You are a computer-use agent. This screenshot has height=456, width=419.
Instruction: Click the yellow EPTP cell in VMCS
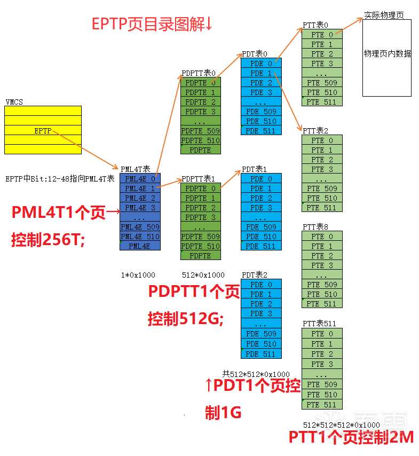43,130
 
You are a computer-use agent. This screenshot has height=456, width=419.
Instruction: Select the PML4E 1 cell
140,188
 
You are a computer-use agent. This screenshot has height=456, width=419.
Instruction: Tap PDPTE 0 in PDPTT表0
200,83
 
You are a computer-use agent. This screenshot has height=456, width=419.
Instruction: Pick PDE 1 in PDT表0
261,73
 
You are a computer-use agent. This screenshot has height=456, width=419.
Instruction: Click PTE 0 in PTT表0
322,35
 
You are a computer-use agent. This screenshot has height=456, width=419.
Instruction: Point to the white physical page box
387,58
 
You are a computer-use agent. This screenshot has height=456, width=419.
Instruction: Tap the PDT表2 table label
255,275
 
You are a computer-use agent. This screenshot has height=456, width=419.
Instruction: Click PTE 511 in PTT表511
322,404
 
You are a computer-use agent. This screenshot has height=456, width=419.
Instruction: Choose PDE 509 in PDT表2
261,334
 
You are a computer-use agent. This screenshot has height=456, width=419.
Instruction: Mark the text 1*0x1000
138,275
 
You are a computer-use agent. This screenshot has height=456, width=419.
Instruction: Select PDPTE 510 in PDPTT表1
200,246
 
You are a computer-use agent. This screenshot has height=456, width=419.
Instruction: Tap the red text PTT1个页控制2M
351,437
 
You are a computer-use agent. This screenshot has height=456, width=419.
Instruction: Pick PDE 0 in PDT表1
261,179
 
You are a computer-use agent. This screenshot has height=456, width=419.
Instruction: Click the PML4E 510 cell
140,237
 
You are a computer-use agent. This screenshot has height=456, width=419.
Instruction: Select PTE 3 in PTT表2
322,169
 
